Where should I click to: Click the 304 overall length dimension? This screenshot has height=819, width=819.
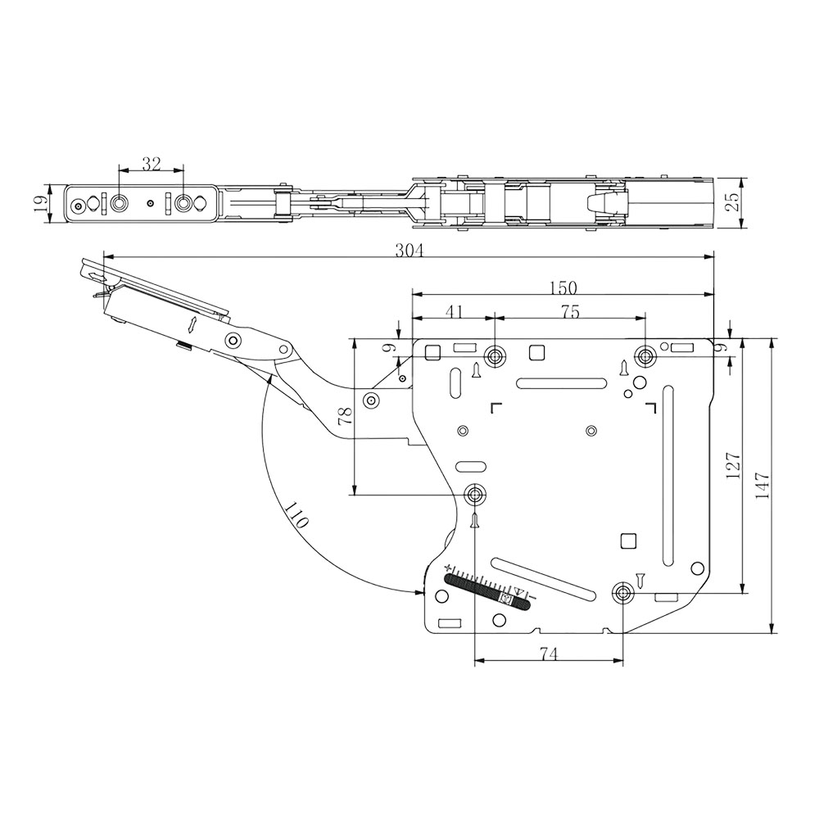(x=409, y=251)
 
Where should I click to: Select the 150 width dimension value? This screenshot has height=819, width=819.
(x=563, y=287)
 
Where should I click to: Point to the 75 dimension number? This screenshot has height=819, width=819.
(x=570, y=311)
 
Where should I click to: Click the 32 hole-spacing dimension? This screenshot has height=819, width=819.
(x=151, y=164)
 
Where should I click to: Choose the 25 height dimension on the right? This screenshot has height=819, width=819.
(x=734, y=200)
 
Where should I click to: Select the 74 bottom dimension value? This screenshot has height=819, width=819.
(x=549, y=654)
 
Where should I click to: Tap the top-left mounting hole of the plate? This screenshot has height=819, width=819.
(x=495, y=356)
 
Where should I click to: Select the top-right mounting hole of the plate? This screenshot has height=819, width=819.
(x=646, y=356)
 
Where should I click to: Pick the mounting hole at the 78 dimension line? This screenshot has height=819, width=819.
(x=475, y=494)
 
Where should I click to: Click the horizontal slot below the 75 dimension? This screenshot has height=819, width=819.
(x=561, y=382)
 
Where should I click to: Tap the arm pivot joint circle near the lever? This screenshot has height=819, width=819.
(x=234, y=341)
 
